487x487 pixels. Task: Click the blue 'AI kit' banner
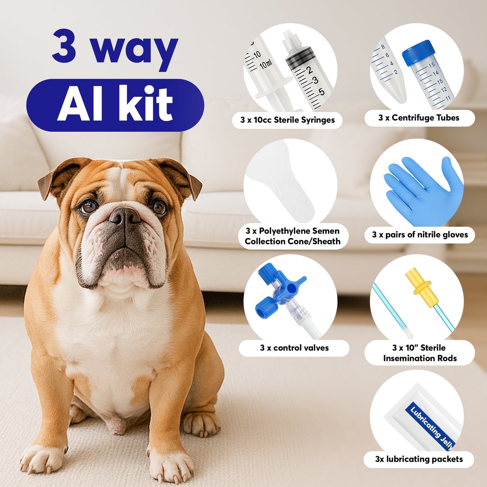[x=115, y=105]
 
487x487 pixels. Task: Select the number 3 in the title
[x=64, y=46]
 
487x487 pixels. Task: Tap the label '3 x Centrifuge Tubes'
[x=419, y=118]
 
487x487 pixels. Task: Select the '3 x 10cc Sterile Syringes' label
[x=287, y=120]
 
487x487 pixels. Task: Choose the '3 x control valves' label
[x=294, y=348]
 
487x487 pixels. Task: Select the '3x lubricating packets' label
[x=419, y=459]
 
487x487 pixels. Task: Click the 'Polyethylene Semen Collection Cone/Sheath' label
[x=292, y=236]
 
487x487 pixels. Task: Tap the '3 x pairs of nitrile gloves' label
[x=420, y=235]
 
